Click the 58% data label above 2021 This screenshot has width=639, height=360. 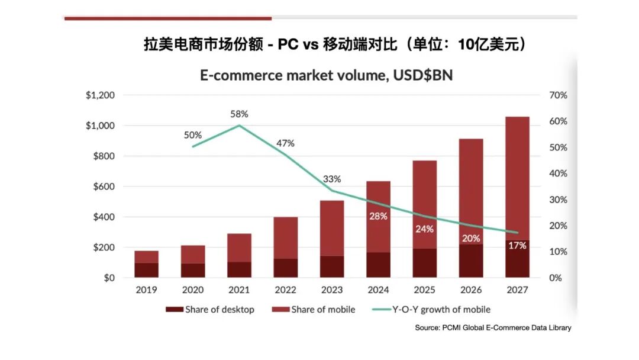(x=239, y=114)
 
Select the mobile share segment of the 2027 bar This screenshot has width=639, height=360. (x=517, y=178)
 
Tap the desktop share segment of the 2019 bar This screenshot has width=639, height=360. (x=146, y=270)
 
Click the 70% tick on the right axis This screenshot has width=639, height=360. (x=558, y=95)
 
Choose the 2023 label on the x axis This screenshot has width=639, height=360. (x=332, y=290)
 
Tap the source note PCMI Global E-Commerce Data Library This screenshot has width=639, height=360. (x=493, y=327)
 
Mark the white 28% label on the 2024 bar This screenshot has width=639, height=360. (x=378, y=217)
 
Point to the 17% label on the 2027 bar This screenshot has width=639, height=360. (x=517, y=245)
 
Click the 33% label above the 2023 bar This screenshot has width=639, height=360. (x=331, y=179)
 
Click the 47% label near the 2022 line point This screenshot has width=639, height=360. (x=285, y=143)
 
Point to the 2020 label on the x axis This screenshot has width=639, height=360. (x=193, y=290)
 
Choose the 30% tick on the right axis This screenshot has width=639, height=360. (x=558, y=200)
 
